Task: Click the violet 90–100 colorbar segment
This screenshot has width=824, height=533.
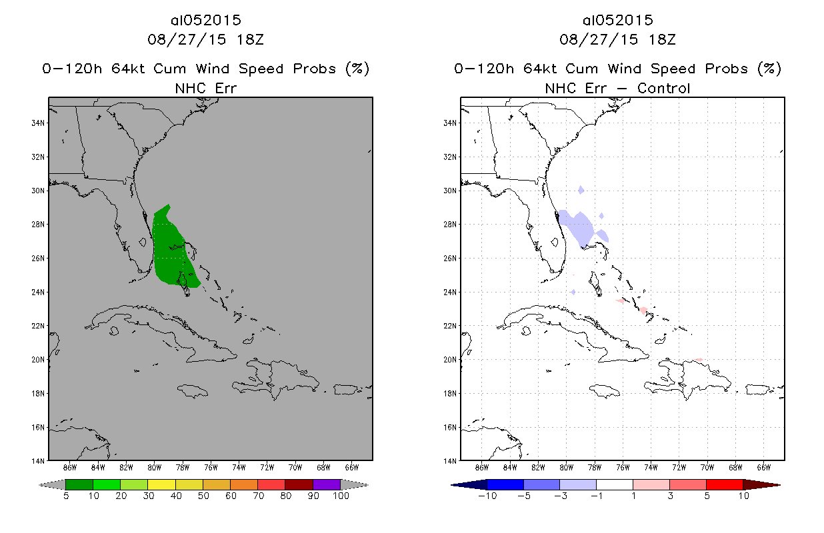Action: point(327,484)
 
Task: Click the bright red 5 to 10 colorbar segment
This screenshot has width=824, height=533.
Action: point(725,484)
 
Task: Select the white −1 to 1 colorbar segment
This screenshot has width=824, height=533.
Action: point(614,484)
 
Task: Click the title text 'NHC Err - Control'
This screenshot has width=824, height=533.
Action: point(617,88)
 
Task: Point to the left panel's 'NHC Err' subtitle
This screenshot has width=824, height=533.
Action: point(205,88)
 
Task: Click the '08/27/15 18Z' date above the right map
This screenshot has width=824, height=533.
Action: point(617,39)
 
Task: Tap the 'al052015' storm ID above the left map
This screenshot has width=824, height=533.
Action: point(205,21)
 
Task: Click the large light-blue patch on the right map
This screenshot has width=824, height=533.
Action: point(577,229)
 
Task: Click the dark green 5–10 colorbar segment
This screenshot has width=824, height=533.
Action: point(79,484)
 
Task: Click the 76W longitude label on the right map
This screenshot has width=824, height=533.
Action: point(623,466)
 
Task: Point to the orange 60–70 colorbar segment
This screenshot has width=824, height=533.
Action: point(243,484)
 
